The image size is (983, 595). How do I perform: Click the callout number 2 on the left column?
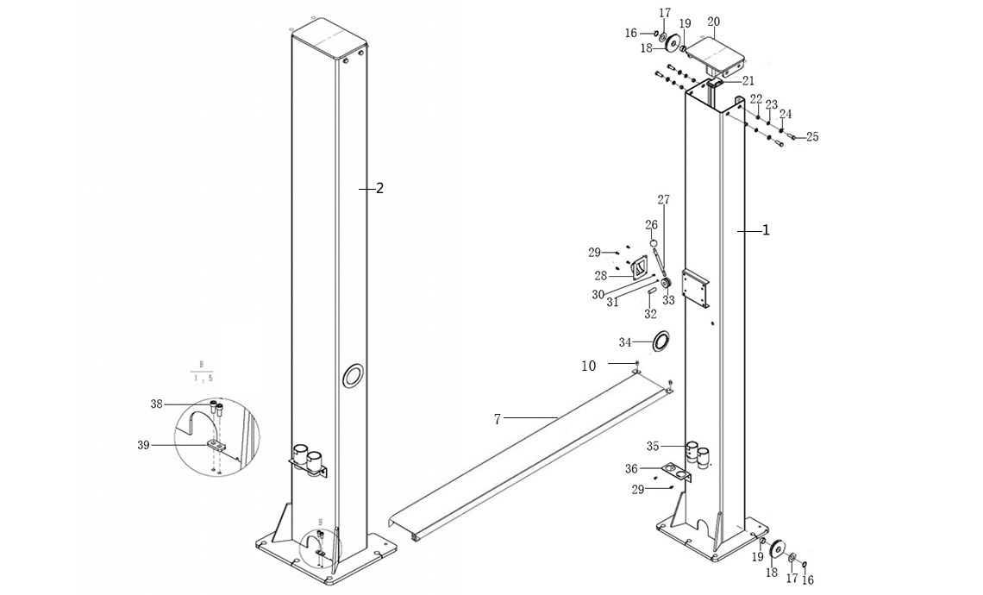[379, 188]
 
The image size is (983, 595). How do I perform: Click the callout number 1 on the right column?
[766, 230]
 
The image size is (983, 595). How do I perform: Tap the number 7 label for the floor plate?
[498, 419]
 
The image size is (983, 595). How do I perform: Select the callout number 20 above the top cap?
[713, 22]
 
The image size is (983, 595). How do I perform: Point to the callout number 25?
[812, 137]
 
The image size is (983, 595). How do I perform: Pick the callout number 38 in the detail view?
[156, 404]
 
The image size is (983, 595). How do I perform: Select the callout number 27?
[663, 200]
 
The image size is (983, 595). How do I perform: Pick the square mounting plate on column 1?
[695, 289]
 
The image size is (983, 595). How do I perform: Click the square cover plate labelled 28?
[639, 269]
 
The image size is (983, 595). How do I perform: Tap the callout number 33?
[668, 301]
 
